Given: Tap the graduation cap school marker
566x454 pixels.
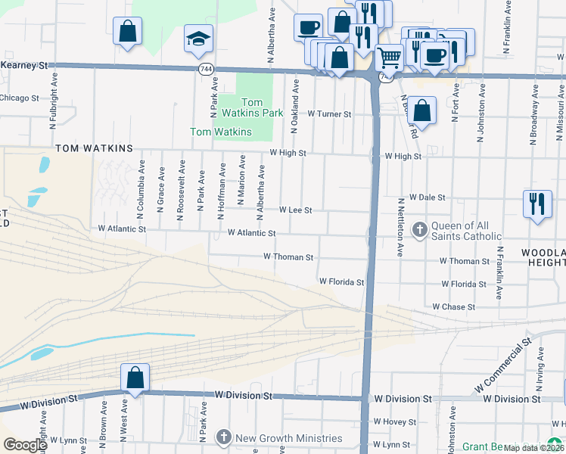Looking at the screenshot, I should [199, 39].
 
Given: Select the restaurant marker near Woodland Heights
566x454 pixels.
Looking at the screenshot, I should [537, 204].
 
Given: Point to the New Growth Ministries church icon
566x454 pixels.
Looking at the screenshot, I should [223, 437].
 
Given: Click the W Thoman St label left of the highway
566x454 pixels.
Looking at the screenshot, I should [288, 257].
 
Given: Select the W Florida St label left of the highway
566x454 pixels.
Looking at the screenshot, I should [341, 281].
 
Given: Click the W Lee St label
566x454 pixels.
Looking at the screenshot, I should [296, 210].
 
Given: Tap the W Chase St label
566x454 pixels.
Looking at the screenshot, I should [453, 307].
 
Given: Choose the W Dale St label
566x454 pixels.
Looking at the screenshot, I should [428, 197].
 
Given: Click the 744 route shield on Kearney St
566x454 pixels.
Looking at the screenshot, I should [205, 69].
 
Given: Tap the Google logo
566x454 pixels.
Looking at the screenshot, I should [24, 445].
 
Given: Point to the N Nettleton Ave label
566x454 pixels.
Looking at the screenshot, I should [400, 229].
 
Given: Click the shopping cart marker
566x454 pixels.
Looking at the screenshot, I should [389, 57].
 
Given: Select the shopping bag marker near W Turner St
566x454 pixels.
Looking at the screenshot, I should [424, 110].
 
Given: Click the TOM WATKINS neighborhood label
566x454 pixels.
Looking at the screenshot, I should [93, 148].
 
